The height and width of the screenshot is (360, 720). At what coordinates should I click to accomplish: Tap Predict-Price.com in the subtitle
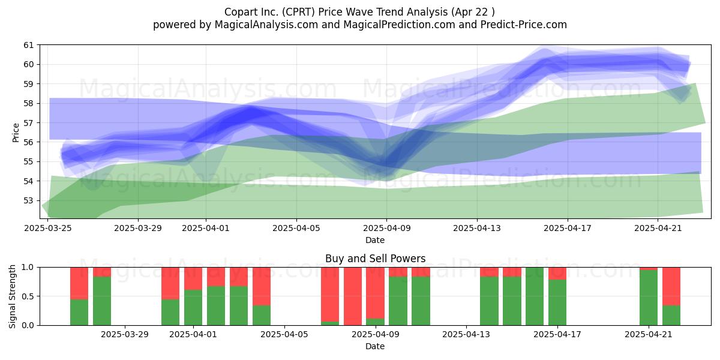(x=524, y=25)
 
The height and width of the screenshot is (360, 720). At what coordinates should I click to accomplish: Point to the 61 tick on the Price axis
(x=29, y=45)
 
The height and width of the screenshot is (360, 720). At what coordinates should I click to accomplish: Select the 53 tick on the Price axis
(x=29, y=200)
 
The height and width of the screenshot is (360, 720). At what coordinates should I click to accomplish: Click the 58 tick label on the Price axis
(x=29, y=103)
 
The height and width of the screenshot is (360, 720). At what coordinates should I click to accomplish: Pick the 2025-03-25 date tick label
(x=48, y=228)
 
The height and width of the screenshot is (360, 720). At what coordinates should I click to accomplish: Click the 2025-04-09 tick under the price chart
(x=386, y=228)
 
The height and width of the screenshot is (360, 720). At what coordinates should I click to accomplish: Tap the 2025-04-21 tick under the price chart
(x=658, y=228)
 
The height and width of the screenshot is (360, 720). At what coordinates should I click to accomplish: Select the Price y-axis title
(x=16, y=133)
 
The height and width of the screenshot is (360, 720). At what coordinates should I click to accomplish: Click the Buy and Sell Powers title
(x=375, y=259)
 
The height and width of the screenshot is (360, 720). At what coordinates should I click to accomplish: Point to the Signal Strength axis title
(x=12, y=296)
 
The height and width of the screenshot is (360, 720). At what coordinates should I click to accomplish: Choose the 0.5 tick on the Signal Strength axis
(x=28, y=296)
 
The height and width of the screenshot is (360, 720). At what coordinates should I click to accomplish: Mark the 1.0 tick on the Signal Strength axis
(x=28, y=267)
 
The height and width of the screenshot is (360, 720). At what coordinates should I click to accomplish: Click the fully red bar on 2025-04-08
(x=353, y=296)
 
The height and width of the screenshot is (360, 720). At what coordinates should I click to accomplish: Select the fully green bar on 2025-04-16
(x=535, y=296)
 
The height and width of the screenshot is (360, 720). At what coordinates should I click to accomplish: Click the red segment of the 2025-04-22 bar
(x=671, y=286)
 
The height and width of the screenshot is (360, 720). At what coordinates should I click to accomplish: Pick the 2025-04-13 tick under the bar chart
(x=466, y=335)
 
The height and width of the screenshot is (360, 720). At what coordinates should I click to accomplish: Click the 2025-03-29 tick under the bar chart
(x=125, y=335)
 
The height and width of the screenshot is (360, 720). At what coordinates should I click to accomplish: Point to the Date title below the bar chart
(x=375, y=346)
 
